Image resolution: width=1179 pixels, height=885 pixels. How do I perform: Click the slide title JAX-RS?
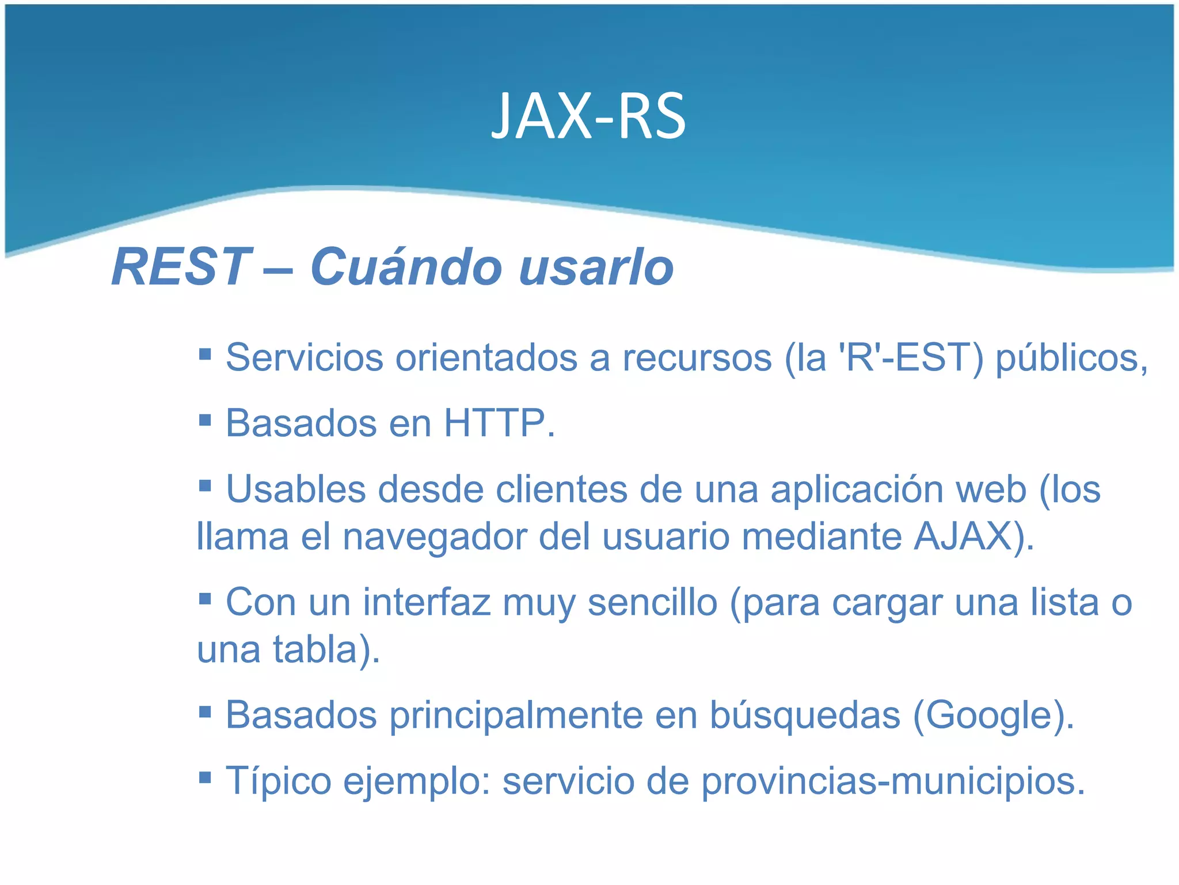tap(588, 117)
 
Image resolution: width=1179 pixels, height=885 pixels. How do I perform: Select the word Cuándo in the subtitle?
tap(406, 267)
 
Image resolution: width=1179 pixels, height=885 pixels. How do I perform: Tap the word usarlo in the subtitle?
tap(596, 268)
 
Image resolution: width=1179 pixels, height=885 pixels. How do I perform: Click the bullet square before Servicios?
tap(205, 353)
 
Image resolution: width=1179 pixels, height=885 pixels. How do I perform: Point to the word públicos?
tap(1070, 358)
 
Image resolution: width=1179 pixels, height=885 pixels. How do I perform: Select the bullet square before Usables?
tap(205, 485)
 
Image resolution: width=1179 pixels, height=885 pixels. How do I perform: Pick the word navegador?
tap(434, 538)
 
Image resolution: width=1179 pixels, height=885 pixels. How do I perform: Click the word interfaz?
tap(427, 603)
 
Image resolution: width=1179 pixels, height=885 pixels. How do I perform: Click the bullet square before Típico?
tap(205, 778)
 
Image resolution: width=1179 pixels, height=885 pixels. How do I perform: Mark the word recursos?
tap(697, 358)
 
